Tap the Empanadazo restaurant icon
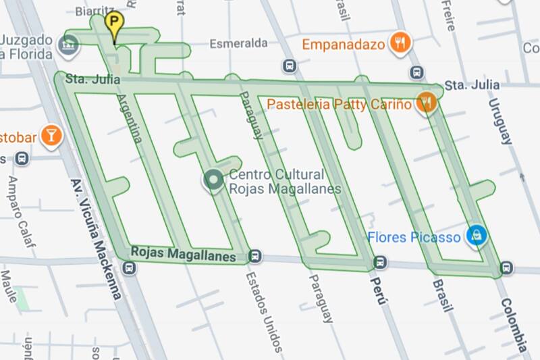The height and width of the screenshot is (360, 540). (x=402, y=44)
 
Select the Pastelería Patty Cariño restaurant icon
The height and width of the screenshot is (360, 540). (x=426, y=103)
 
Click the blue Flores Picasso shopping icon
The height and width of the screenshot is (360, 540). (x=477, y=235)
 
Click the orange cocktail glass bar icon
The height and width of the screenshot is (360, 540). (x=51, y=135)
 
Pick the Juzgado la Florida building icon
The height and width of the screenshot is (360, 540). (x=67, y=46)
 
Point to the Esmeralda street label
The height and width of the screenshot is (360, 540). (x=238, y=43)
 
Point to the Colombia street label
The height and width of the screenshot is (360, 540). (x=514, y=325)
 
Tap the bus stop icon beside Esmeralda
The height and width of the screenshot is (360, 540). (x=290, y=66)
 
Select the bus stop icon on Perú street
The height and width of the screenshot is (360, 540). (x=381, y=262)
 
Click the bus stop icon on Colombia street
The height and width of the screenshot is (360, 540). (x=506, y=268)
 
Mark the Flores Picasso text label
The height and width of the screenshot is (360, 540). (x=414, y=237)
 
